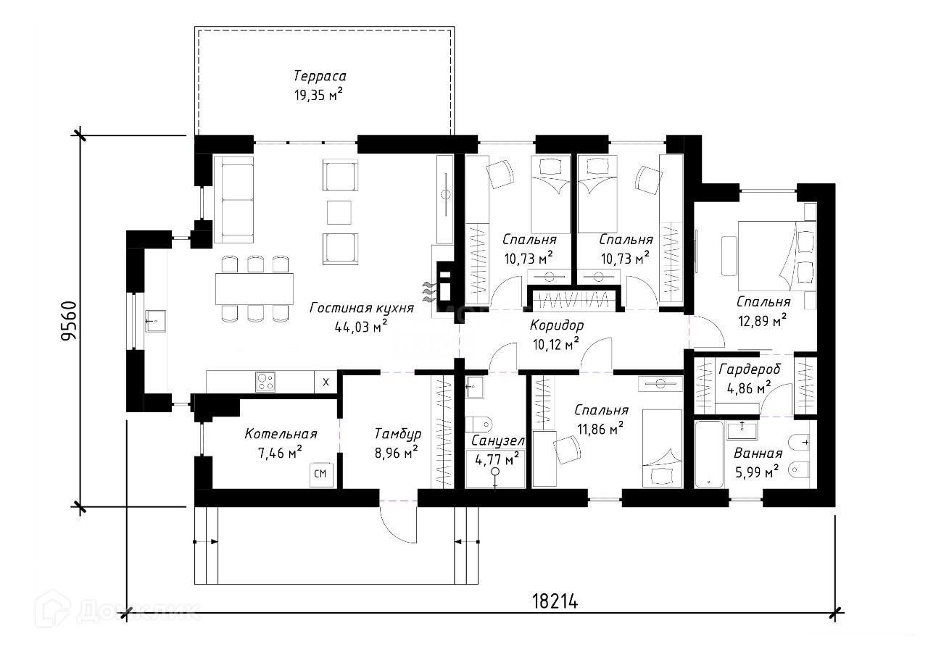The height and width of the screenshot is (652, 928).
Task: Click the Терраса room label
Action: pos(320,76)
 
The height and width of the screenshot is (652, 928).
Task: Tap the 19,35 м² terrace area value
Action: pos(318,94)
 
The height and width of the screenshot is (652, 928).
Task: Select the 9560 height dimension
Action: pos(70,321)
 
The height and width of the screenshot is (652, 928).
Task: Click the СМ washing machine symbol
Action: pos(320,475)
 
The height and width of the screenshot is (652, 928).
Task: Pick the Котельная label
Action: pos(281,434)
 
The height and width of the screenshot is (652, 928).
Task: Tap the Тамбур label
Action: pos(397,434)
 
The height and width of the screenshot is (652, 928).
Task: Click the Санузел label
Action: pos(497,440)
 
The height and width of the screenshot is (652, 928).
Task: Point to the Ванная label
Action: pos(758,454)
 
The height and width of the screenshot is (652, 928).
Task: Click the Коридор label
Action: pos(556,325)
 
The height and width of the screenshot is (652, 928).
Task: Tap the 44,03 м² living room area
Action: pos(361,326)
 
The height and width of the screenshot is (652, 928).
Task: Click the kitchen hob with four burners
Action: pos(265,381)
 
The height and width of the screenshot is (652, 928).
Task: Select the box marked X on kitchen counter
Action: pos(325,382)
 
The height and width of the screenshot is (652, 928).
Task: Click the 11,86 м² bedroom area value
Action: pos(600,430)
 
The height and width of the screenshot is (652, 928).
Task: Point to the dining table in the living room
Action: pos(254,289)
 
